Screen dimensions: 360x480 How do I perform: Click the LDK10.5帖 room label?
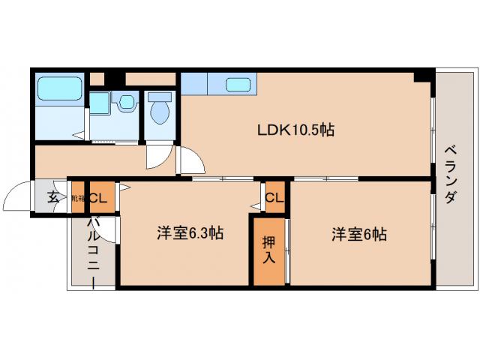(296, 130)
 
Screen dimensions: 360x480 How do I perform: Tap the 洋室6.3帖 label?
(190, 233)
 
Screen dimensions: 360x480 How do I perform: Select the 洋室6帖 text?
(359, 233)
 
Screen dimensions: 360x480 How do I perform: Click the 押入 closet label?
(268, 249)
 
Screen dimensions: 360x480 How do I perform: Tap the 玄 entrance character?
(53, 198)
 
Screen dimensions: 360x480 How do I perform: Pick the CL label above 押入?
(274, 198)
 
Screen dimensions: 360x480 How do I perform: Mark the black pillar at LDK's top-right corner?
(423, 76)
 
